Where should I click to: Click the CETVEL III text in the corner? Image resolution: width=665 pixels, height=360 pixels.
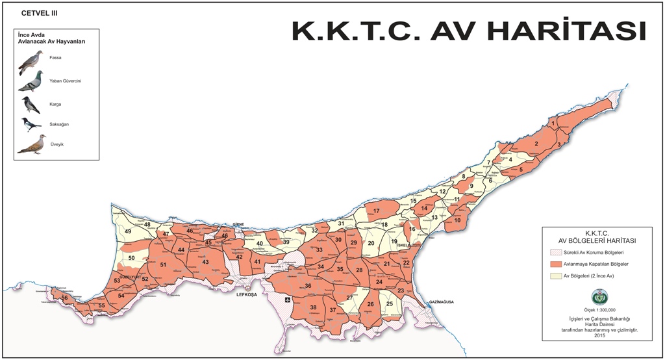point(40,13)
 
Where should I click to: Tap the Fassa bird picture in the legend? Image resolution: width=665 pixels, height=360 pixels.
point(31,62)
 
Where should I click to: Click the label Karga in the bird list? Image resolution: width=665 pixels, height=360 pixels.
point(64,104)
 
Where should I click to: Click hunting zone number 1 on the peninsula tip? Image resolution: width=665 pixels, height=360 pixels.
point(553,122)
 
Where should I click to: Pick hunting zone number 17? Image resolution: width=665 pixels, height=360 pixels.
point(376,211)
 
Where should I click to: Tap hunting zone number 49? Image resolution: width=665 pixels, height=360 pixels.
point(128,231)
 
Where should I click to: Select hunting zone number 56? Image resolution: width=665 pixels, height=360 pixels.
point(64,298)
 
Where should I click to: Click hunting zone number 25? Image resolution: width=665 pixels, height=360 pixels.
point(390,303)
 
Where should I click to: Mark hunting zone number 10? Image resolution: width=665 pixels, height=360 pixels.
point(457,220)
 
